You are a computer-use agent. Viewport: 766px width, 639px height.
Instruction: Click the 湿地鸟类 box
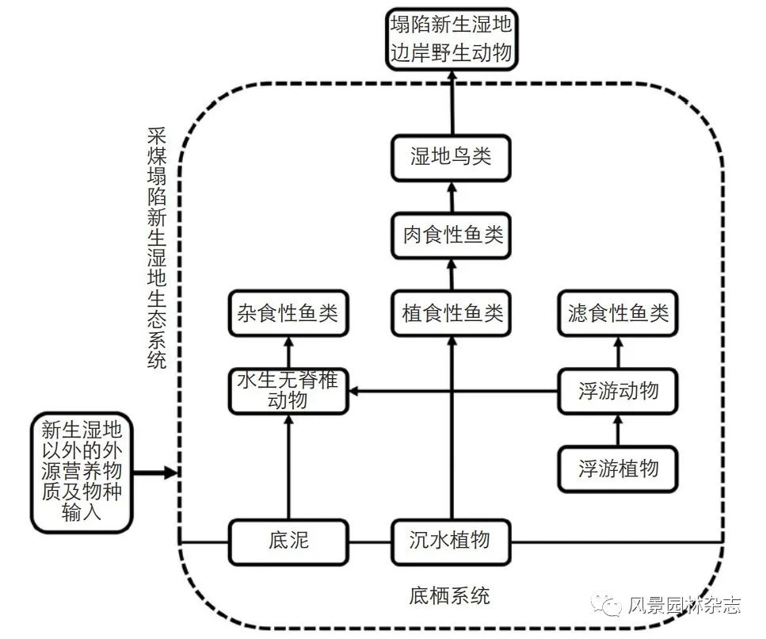(x=451, y=158)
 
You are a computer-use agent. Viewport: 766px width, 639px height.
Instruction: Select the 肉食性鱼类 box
(x=451, y=235)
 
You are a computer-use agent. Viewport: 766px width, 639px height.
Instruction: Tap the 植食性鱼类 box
(x=451, y=313)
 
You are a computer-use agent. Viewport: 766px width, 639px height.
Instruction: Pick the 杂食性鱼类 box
(x=288, y=313)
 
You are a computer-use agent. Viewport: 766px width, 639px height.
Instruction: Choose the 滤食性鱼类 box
(x=618, y=313)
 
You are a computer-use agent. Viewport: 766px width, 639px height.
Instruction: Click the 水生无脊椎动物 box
(x=288, y=391)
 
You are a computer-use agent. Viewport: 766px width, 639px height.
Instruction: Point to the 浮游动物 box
(x=618, y=391)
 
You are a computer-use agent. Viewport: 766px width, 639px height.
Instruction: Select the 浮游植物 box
(x=618, y=469)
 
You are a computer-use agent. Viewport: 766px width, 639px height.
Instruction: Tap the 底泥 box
(x=288, y=542)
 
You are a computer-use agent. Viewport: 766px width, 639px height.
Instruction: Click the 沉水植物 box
(x=451, y=542)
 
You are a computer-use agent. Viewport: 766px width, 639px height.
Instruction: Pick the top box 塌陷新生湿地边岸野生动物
(x=451, y=39)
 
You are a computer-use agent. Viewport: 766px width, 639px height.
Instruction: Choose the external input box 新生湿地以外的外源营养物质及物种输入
(x=82, y=473)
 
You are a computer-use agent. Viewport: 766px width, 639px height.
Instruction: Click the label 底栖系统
(x=449, y=596)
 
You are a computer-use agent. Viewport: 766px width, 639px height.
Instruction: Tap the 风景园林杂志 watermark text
(x=684, y=605)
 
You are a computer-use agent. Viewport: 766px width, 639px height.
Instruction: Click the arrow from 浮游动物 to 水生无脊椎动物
(x=453, y=391)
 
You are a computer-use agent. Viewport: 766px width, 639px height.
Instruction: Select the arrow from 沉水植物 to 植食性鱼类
(x=452, y=428)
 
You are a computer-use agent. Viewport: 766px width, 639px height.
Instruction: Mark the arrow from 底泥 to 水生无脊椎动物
(x=288, y=467)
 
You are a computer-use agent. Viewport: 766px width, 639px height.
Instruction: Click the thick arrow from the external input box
(x=155, y=473)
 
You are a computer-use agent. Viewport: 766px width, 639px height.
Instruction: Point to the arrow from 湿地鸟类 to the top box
(x=452, y=103)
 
